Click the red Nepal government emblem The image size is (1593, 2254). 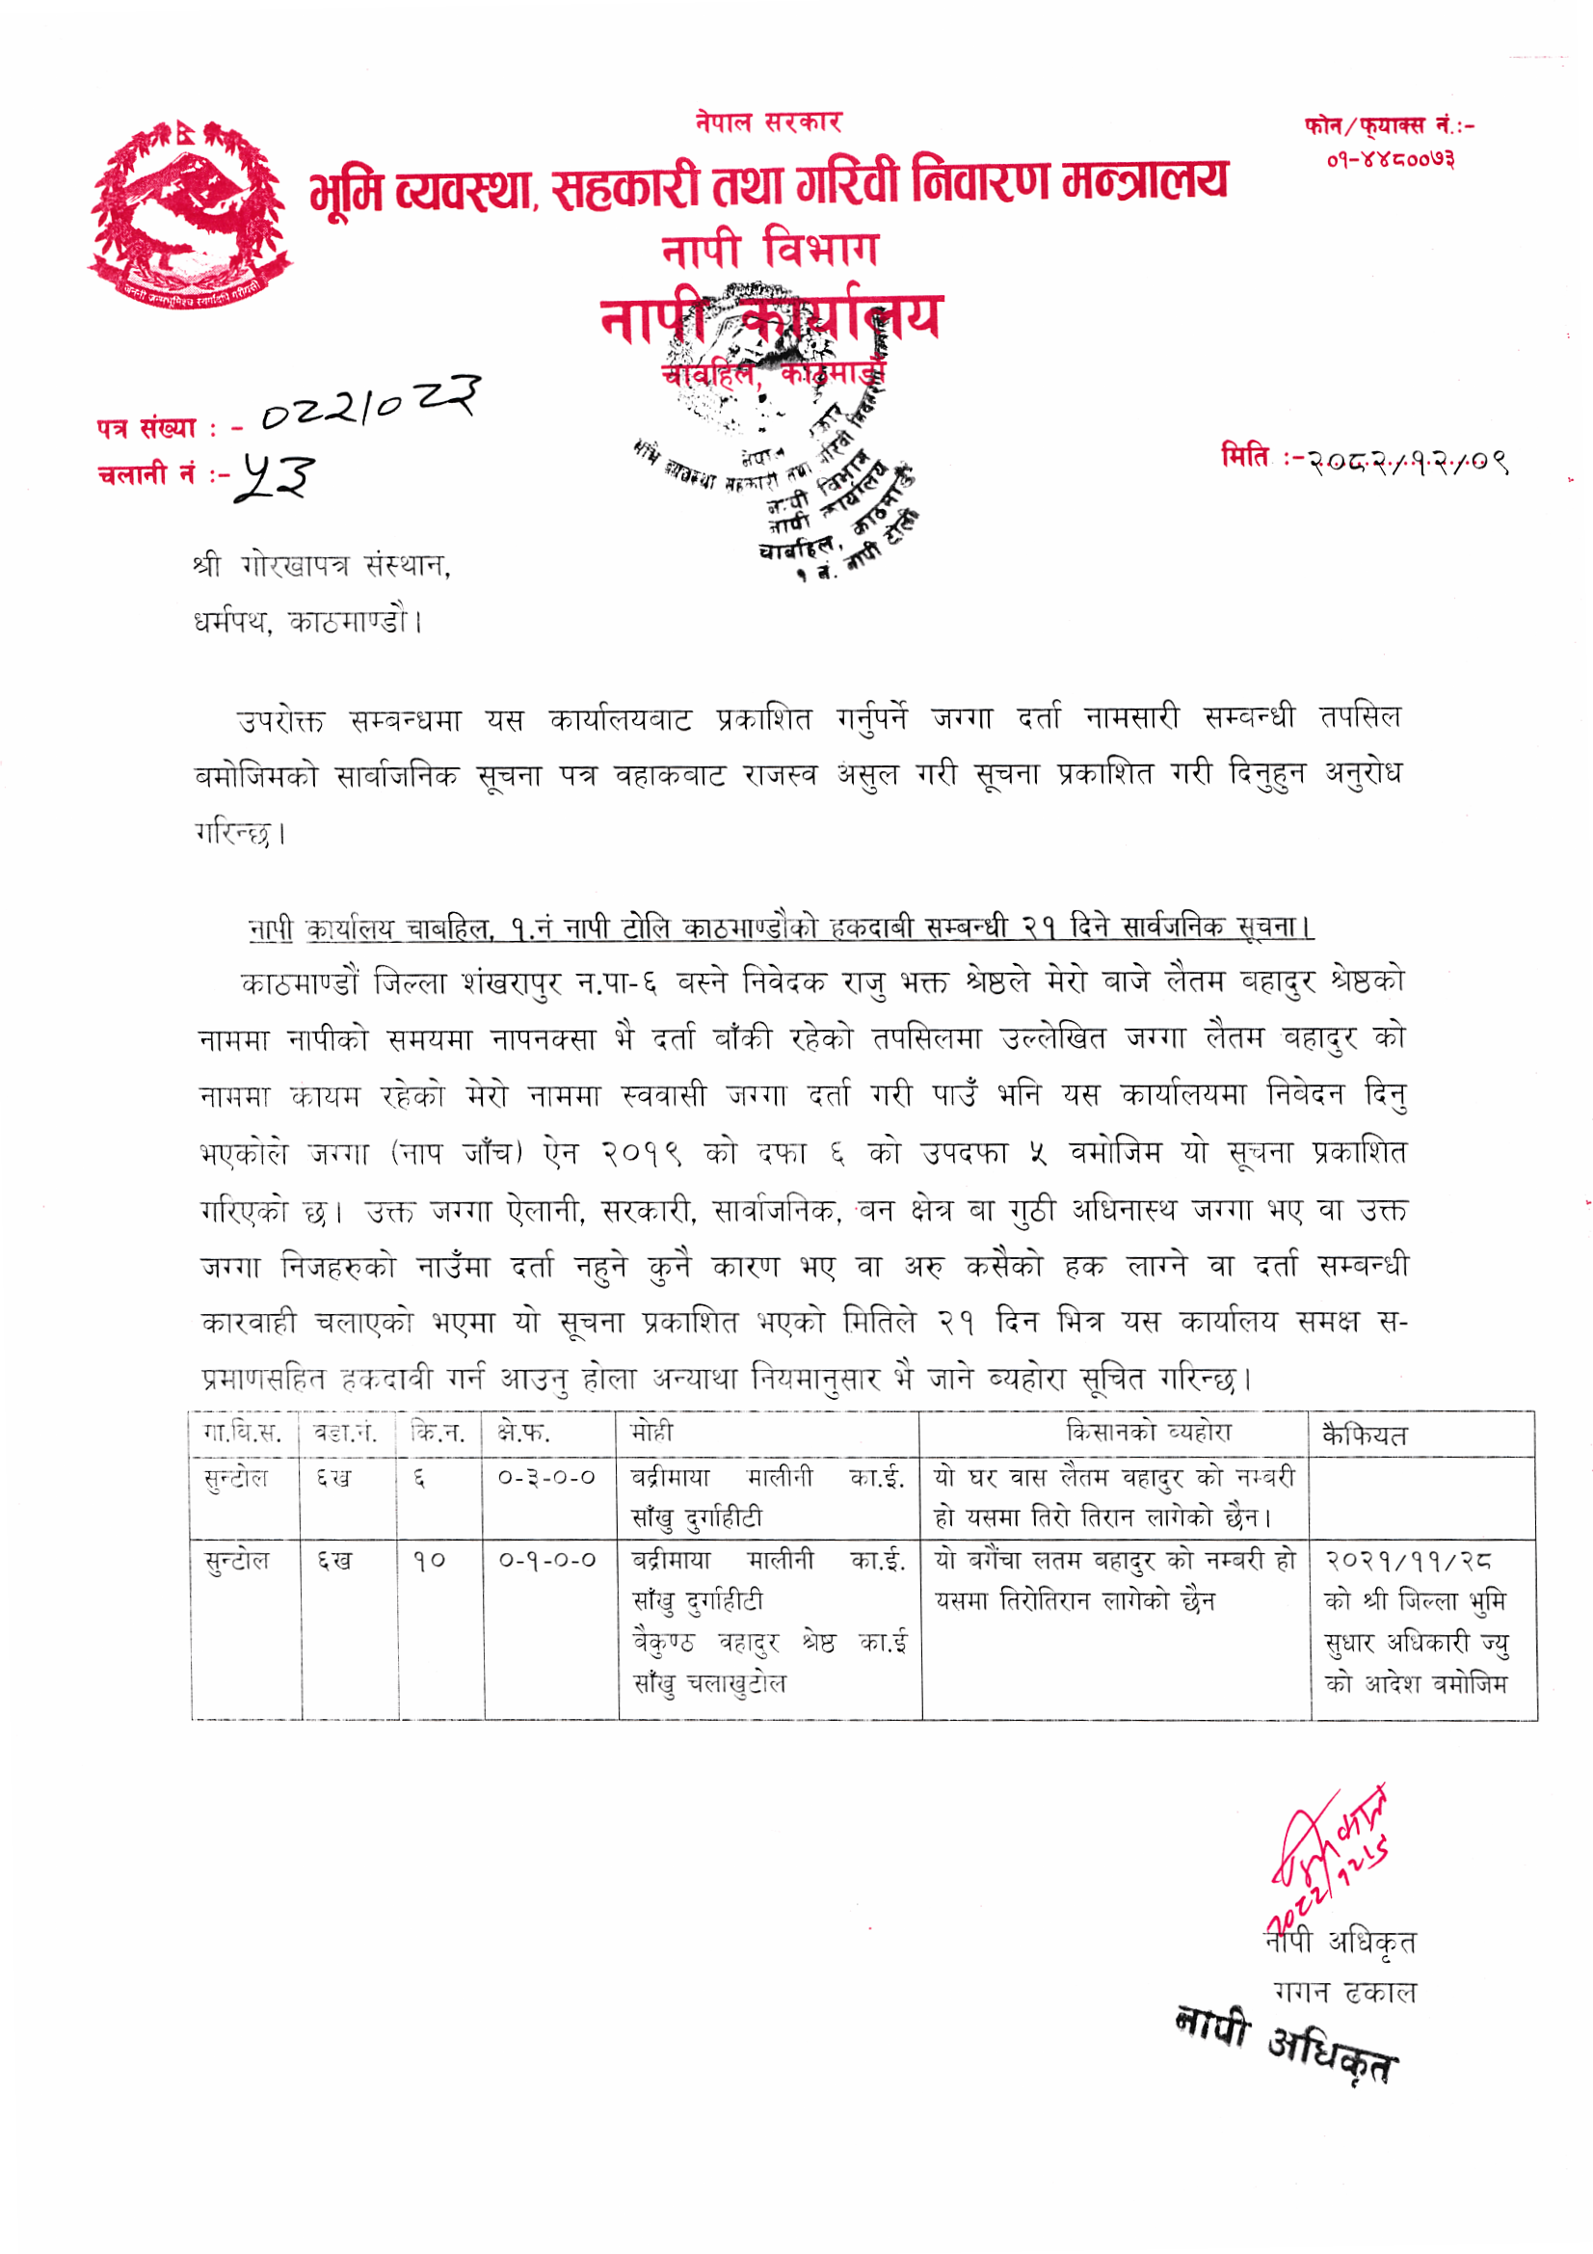(x=190, y=214)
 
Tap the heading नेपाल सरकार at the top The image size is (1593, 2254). (x=768, y=122)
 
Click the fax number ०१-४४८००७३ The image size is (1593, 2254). (x=1390, y=159)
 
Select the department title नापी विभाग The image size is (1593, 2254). (x=769, y=249)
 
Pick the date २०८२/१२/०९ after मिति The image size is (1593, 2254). (x=1405, y=460)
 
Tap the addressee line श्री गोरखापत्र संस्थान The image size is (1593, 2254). (x=321, y=567)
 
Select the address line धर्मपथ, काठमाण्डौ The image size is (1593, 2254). (x=307, y=623)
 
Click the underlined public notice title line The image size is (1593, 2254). (x=781, y=926)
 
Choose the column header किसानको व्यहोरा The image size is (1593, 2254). (x=1148, y=1433)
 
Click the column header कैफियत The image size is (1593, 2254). (x=1365, y=1436)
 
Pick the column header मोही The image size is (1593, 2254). (x=651, y=1434)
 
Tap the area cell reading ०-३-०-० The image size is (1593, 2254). (x=546, y=1478)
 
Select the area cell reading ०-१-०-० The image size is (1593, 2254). (x=546, y=1560)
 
